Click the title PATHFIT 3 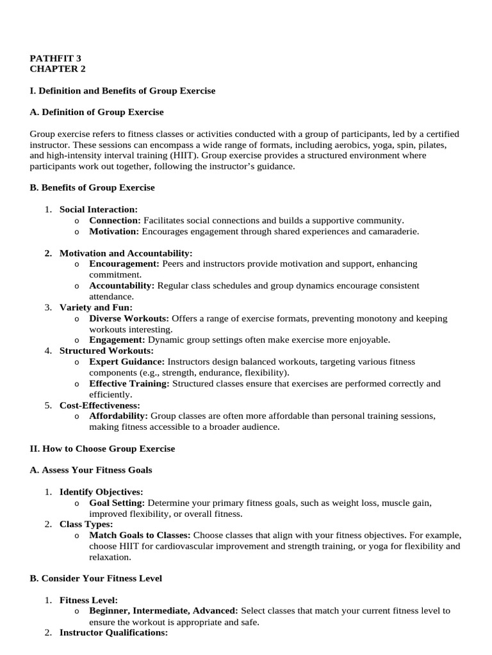(56, 58)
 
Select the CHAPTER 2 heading (57, 68)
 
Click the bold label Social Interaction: (98, 209)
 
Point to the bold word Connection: (115, 220)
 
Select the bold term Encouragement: (124, 264)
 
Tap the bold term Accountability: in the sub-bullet (122, 285)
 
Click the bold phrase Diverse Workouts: (129, 319)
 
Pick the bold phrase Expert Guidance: (124, 362)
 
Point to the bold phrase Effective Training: (129, 384)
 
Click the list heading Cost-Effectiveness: (99, 406)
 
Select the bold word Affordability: (119, 416)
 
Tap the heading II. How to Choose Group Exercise (102, 449)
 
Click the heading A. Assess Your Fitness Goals (91, 470)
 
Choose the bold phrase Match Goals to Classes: (140, 535)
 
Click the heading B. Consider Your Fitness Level (95, 578)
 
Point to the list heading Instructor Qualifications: (113, 633)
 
